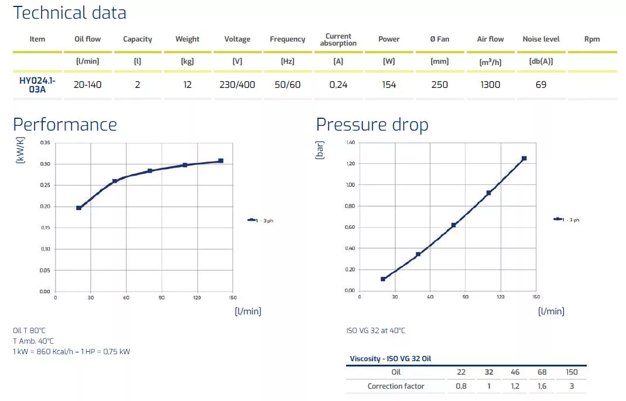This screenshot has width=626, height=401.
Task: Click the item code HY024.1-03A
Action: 37,85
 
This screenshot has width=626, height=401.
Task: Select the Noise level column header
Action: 541,39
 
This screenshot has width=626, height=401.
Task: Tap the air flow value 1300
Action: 490,84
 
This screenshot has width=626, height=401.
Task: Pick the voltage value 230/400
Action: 237,84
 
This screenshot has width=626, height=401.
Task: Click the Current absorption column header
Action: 338,39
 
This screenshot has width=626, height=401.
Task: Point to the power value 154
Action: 389,84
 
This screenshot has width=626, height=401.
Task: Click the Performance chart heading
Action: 65,125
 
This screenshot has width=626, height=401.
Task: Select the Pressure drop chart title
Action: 372,125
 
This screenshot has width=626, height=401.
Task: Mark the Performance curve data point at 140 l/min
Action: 221,161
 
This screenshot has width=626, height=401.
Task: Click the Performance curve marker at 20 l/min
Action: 78,208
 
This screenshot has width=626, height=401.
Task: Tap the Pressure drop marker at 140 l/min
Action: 524,159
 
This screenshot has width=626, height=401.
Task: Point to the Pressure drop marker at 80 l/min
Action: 453,225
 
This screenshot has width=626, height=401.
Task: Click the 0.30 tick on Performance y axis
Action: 45,164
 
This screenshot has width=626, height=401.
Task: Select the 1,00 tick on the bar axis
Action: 350,185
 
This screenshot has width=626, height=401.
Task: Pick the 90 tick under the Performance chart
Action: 162,297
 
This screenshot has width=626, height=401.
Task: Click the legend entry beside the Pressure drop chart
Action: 566,220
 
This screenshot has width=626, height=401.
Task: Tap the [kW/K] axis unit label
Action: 20,150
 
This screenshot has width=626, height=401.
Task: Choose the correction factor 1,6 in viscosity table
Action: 542,386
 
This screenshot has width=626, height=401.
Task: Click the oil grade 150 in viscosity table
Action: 572,372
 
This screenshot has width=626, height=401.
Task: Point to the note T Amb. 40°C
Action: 33,341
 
